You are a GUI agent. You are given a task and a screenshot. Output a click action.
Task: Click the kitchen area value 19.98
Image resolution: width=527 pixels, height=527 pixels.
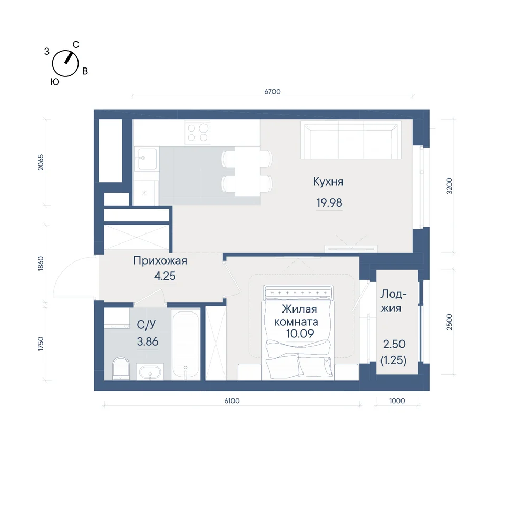click(x=329, y=203)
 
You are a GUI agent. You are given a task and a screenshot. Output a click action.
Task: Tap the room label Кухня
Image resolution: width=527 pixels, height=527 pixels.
click(x=328, y=181)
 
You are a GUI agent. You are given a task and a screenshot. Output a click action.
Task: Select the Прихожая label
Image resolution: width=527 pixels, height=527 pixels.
click(x=160, y=260)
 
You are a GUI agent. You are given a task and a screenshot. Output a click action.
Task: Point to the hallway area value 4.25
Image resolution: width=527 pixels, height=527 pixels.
click(x=164, y=276)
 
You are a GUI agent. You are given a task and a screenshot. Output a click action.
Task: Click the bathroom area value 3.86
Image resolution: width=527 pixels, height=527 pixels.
click(x=147, y=341)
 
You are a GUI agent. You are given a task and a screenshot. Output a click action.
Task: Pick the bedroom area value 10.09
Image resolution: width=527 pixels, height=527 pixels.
click(x=299, y=334)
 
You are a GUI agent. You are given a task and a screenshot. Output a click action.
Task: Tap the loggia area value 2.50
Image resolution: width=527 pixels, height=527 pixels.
click(x=394, y=344)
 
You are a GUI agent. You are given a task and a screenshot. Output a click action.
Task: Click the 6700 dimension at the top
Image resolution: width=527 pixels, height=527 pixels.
click(x=272, y=91)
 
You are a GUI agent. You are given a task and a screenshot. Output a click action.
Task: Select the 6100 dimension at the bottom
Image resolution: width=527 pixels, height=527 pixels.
click(x=231, y=401)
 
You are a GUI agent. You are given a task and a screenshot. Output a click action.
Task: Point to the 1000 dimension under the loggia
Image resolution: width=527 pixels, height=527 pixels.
click(x=397, y=401)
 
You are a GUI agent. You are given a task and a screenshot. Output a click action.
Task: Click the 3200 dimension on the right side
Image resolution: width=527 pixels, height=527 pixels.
click(x=450, y=186)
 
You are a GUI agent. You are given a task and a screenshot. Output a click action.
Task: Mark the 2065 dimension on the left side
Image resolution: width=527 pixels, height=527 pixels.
click(x=41, y=162)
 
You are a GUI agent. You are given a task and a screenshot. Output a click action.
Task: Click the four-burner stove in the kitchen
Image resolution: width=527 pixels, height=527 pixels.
click(x=197, y=133)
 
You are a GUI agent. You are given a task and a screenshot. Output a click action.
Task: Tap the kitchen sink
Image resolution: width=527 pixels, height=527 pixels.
click(x=147, y=158)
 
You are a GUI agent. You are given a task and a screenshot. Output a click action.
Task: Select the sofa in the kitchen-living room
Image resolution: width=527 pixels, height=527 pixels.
click(x=350, y=140)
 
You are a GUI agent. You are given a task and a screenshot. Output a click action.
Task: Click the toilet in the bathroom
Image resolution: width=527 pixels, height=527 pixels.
click(x=121, y=368)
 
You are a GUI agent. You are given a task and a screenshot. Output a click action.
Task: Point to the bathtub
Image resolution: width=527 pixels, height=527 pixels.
click(x=186, y=345)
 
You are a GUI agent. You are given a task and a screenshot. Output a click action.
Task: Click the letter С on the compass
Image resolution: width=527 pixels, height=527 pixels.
click(x=76, y=44)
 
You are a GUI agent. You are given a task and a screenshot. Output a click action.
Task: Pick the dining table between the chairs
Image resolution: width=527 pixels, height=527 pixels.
click(x=247, y=171)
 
